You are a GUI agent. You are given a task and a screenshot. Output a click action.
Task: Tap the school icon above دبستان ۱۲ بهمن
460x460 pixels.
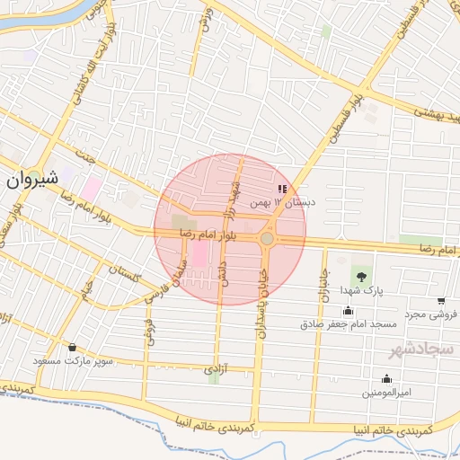click(282, 190)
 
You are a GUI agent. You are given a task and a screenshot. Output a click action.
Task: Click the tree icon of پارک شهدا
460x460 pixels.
click(360, 276)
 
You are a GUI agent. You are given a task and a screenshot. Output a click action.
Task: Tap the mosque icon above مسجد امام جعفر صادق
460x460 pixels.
click(348, 311)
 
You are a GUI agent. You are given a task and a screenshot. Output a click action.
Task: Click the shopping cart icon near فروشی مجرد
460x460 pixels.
click(441, 301)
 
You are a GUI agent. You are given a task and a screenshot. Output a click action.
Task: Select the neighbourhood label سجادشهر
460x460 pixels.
click(422, 348)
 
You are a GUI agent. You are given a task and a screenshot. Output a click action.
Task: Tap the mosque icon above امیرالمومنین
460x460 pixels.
click(387, 379)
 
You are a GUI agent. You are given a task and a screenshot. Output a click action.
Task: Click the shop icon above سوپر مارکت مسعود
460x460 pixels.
click(72, 348)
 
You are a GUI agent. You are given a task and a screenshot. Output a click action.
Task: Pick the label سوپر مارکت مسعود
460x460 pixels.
click(72, 361)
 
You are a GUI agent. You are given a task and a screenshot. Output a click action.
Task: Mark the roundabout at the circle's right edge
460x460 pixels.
click(268, 239)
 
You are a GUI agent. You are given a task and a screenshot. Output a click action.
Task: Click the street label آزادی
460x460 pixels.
click(214, 368)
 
